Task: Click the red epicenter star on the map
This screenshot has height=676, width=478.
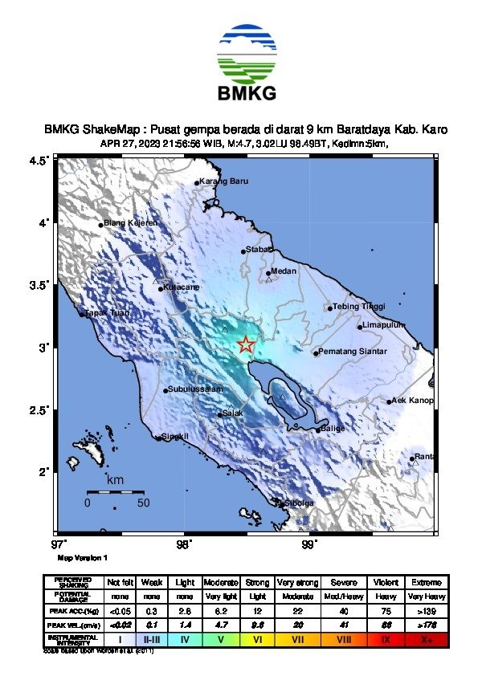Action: click(246, 345)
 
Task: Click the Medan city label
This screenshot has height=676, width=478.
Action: click(284, 271)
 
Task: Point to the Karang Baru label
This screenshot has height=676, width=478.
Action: click(223, 181)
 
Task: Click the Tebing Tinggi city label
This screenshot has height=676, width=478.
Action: click(359, 306)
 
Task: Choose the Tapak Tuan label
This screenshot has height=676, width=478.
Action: click(108, 312)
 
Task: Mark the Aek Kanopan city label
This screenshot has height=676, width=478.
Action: click(412, 401)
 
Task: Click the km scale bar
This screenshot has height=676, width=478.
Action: click(115, 491)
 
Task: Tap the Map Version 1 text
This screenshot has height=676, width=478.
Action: click(82, 556)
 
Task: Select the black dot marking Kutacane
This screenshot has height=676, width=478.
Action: click(161, 288)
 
